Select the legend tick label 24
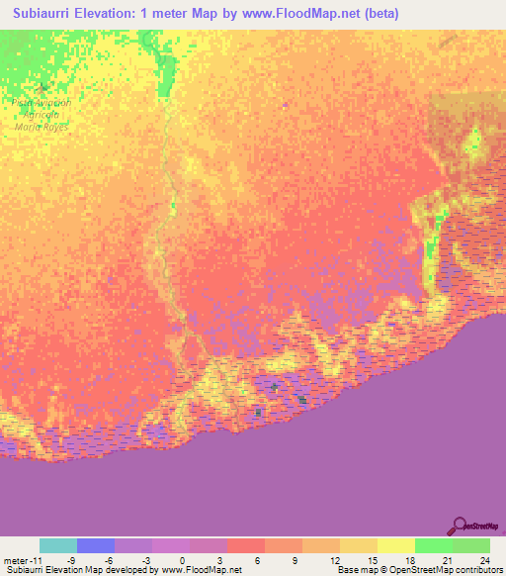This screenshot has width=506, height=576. pos(483,559)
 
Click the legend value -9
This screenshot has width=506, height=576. pos(72,559)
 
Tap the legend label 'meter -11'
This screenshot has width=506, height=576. pos(23,559)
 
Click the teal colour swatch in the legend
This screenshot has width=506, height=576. pos(58,545)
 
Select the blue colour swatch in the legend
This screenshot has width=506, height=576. pos(96,545)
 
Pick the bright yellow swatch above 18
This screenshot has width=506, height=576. pos(395,545)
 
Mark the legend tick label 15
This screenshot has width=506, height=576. pos(371,559)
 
